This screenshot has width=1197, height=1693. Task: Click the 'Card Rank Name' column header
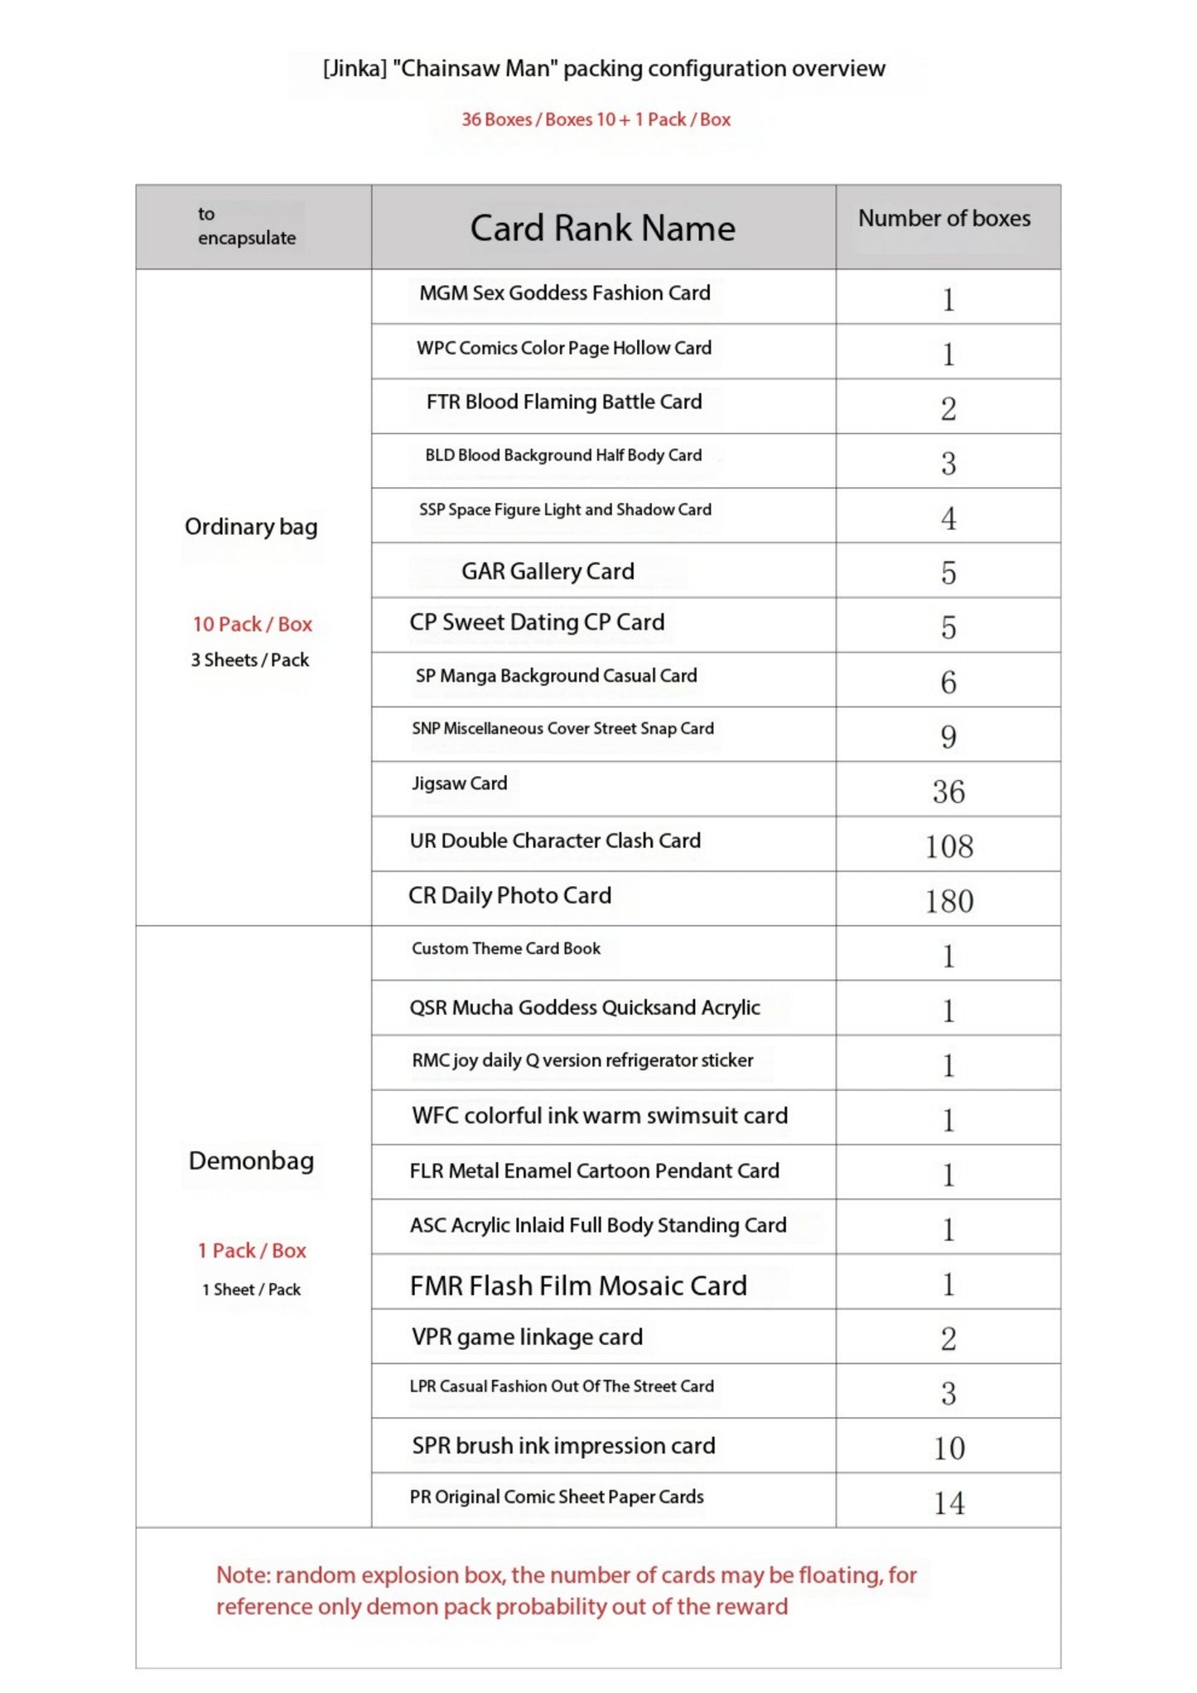602,229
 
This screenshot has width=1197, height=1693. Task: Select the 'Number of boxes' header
944,219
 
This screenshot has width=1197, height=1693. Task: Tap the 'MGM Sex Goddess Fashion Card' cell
564,293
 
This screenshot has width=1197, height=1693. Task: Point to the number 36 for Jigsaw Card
948,792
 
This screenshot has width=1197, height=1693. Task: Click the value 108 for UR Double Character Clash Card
948,846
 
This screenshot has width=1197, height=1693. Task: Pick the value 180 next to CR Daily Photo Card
948,901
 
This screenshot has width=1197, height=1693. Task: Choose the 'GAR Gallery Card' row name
548,572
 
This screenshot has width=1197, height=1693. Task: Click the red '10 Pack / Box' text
253,625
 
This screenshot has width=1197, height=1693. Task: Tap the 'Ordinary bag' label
251,527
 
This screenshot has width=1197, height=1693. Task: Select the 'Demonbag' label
251,1161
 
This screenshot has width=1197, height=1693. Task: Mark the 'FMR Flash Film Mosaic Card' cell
578,1285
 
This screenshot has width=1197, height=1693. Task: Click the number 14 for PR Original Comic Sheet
948,1503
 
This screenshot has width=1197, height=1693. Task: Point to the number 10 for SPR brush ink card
948,1449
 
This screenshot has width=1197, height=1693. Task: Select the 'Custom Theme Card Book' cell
506,949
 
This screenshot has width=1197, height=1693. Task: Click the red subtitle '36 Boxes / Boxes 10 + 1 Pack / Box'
596,120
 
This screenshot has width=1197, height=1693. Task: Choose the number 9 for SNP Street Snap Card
948,737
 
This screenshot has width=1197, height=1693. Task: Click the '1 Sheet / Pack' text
252,1290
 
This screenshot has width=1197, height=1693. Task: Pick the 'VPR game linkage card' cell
527,1338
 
